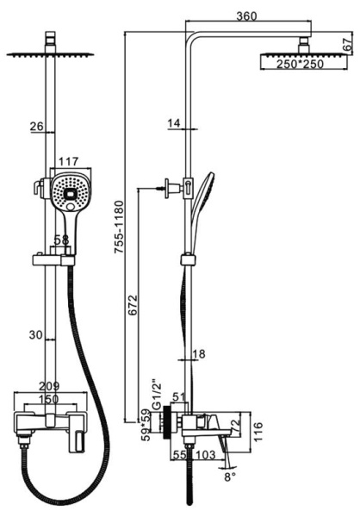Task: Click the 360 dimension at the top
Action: [246, 16]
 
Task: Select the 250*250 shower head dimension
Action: [300, 64]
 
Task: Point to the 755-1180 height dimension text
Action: [119, 227]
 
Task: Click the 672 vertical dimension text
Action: [133, 305]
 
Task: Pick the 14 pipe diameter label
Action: [174, 123]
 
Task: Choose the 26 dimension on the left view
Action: [36, 127]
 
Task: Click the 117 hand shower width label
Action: [69, 162]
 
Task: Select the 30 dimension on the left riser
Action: [36, 335]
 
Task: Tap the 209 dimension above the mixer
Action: [49, 386]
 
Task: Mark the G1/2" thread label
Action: [156, 395]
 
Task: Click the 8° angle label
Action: [230, 477]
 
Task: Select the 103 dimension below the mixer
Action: [206, 455]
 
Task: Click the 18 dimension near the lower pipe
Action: [198, 354]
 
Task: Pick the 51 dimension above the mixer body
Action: [179, 397]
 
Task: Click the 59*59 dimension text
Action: [146, 426]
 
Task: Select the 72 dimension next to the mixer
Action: [235, 426]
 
